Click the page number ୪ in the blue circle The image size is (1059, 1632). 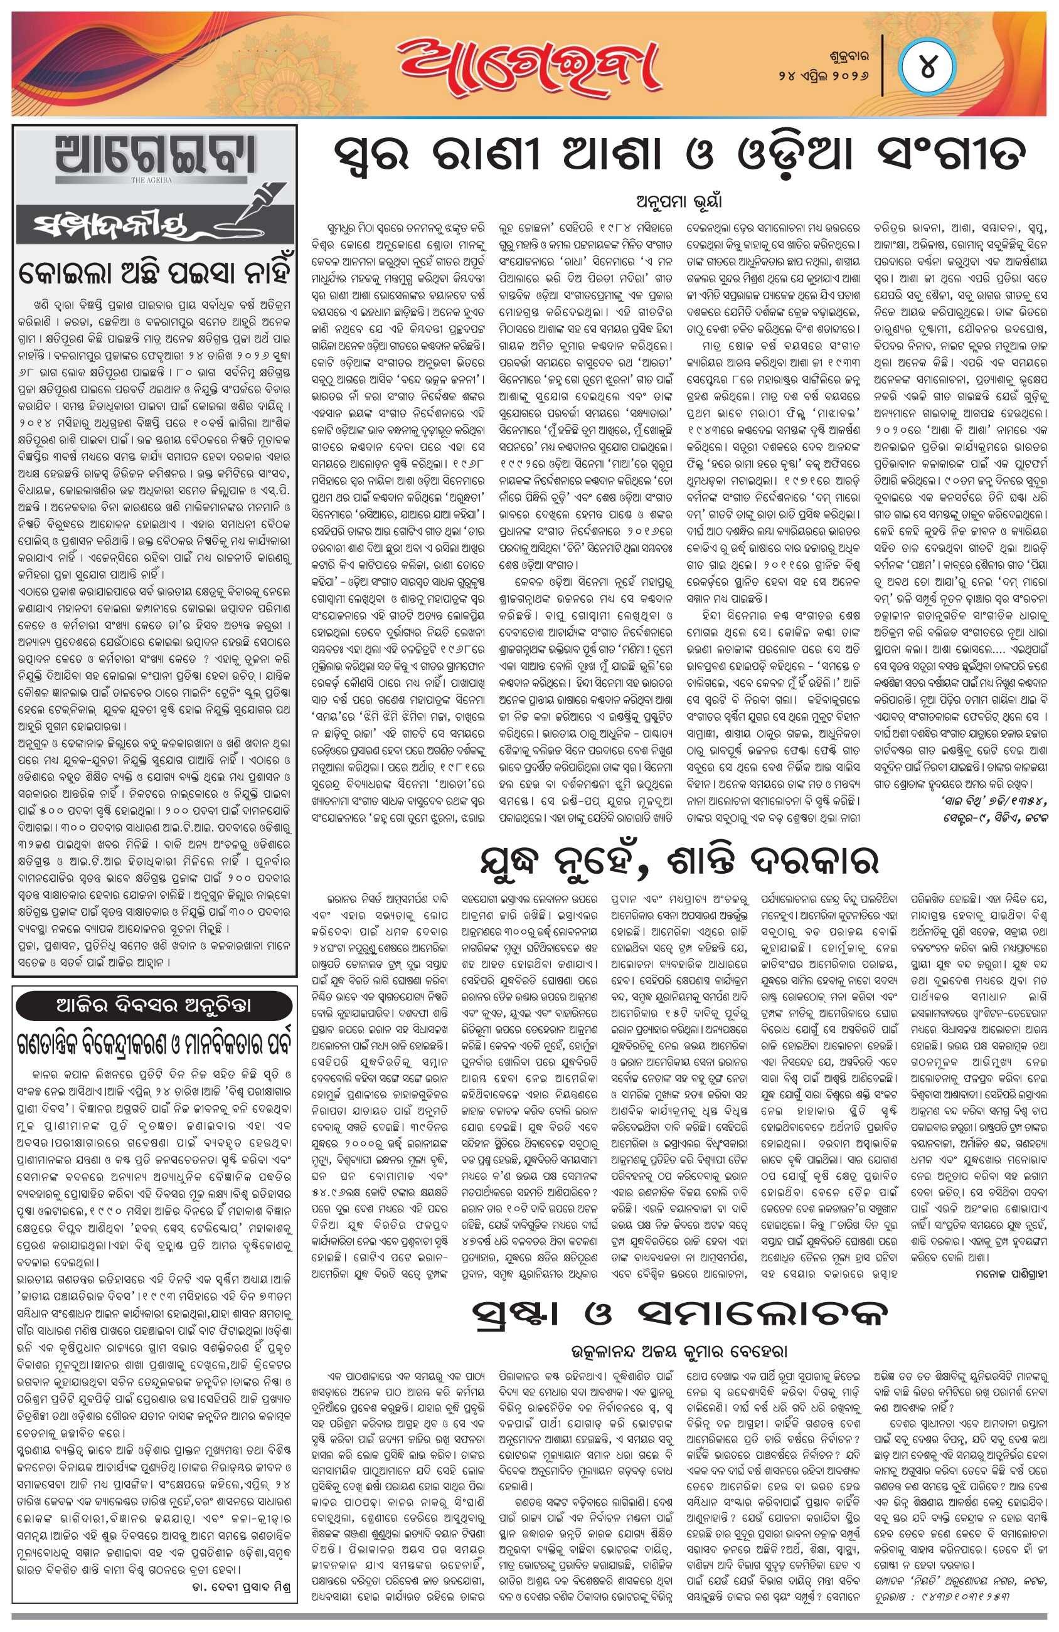[x=927, y=68]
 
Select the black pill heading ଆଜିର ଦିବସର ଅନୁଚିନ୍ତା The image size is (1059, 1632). [x=156, y=1006]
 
